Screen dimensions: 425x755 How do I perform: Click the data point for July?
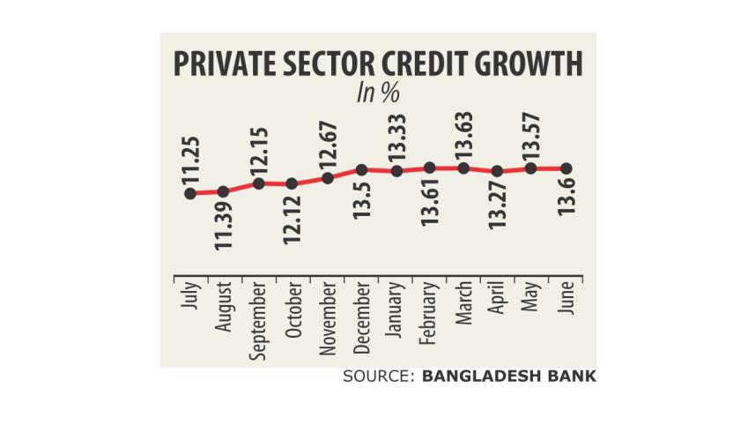(x=189, y=193)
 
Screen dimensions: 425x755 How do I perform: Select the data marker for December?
(x=361, y=168)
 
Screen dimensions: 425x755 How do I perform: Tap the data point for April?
(x=498, y=171)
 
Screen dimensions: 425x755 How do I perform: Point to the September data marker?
(x=258, y=183)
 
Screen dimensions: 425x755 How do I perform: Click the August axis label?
(x=224, y=309)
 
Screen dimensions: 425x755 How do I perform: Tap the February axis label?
(x=430, y=314)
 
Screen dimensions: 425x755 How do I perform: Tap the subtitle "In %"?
(x=376, y=94)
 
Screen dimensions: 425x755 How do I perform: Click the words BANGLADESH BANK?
(x=509, y=377)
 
